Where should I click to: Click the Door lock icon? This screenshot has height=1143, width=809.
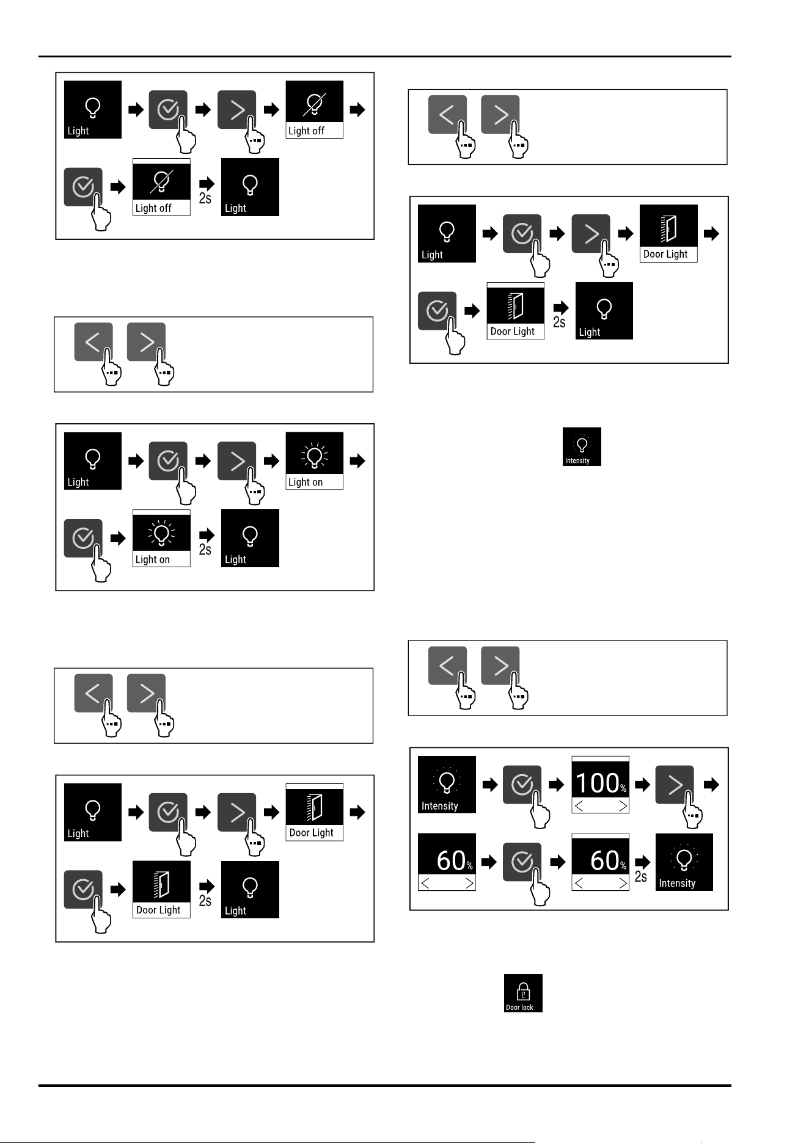tap(523, 993)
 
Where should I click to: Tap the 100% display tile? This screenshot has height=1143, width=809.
tap(601, 785)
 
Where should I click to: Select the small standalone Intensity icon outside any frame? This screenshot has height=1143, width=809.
tap(582, 446)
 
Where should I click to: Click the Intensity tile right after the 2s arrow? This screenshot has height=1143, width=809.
tap(684, 862)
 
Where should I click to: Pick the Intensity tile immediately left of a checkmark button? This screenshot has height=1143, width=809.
tap(447, 785)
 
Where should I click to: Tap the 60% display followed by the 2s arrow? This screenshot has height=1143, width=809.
tap(601, 862)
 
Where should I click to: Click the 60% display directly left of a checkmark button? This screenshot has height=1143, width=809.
tap(447, 862)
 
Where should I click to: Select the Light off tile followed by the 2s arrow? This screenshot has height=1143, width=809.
tap(161, 187)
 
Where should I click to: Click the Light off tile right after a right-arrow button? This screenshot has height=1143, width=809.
tap(315, 109)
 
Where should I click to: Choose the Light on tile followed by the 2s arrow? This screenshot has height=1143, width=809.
tap(161, 538)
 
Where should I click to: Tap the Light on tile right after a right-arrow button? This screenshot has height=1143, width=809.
tap(315, 461)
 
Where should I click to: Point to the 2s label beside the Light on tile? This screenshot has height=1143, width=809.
tap(205, 550)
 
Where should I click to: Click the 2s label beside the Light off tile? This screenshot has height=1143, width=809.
tap(205, 198)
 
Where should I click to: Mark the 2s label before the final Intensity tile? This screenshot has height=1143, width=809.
tap(641, 877)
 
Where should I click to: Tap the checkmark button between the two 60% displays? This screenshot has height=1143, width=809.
tap(522, 862)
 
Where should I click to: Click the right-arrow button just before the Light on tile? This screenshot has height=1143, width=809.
tap(236, 461)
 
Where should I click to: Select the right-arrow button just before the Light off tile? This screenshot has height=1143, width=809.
tap(236, 110)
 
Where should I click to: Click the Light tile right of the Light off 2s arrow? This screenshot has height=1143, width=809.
tap(250, 187)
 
